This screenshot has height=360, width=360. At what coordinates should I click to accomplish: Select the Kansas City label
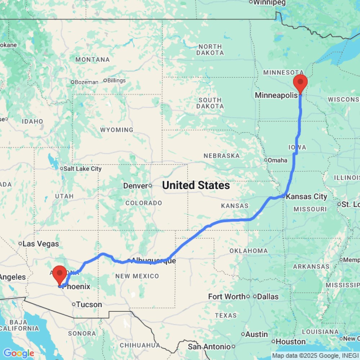click(x=306, y=197)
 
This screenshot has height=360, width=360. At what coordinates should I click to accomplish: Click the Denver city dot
click(x=150, y=186)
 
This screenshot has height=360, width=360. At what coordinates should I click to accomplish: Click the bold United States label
click(x=196, y=185)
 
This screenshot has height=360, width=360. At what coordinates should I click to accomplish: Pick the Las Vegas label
click(x=41, y=244)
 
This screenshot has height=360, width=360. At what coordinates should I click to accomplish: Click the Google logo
click(x=18, y=354)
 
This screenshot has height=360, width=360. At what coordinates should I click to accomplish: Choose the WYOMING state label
click(x=117, y=130)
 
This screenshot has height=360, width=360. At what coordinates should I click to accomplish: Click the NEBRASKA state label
click(x=221, y=156)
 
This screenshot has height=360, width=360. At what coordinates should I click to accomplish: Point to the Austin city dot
click(x=243, y=334)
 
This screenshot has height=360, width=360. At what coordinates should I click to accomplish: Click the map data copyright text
click(x=315, y=356)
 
